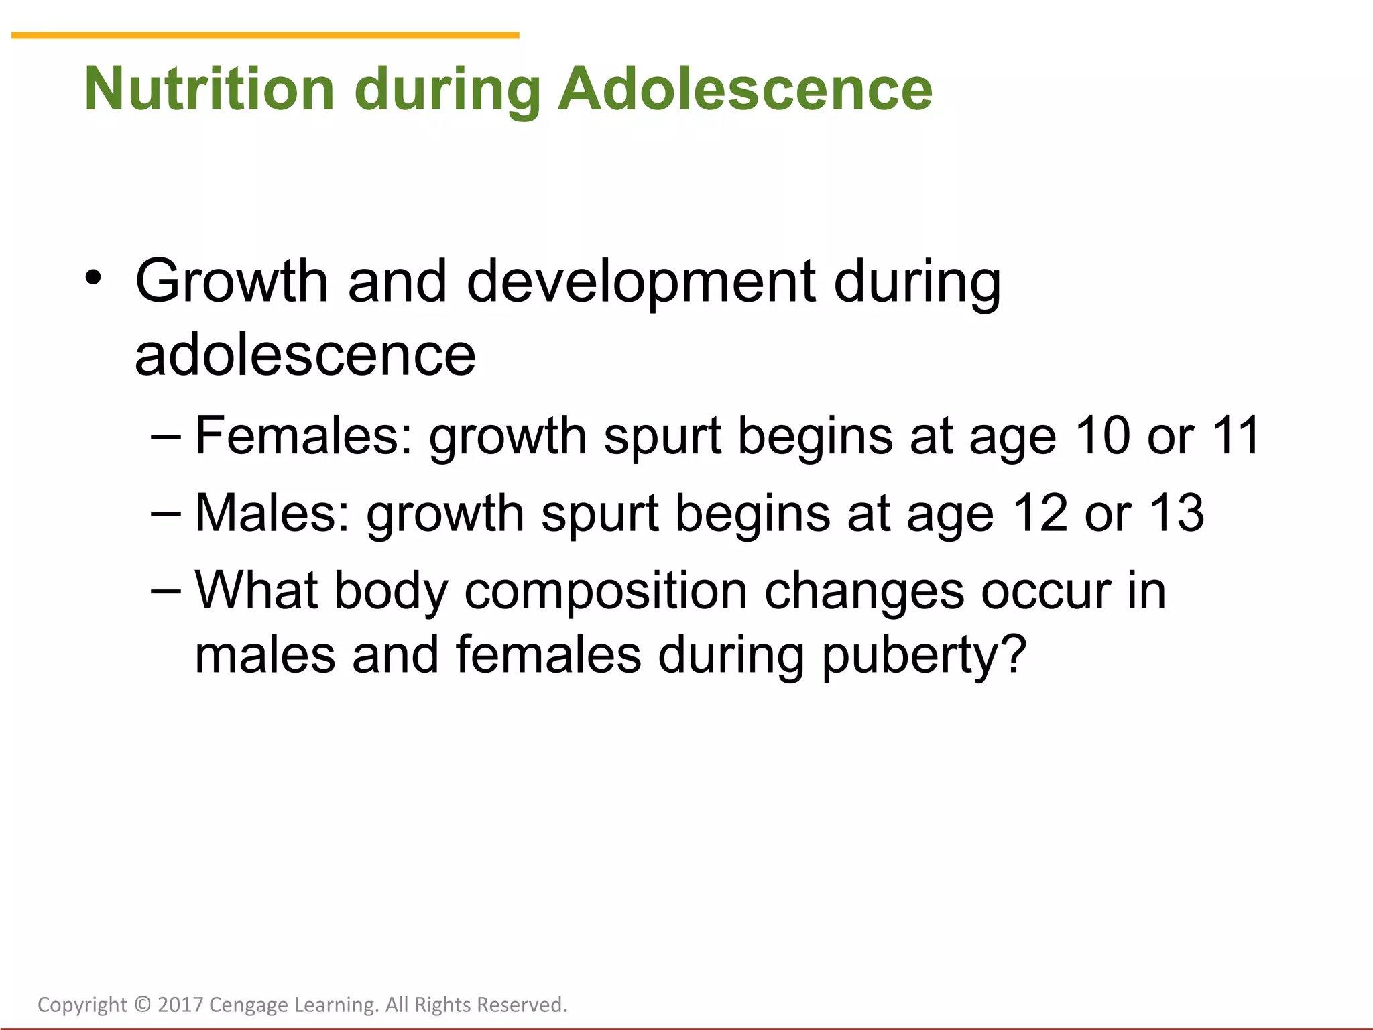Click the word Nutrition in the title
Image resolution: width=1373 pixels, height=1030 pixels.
[x=208, y=89]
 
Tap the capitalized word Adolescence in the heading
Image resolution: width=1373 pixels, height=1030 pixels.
[x=745, y=89]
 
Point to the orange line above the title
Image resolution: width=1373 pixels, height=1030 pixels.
[x=265, y=35]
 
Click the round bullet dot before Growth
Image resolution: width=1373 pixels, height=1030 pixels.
[x=93, y=277]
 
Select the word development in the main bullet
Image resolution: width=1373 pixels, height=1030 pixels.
[x=641, y=282]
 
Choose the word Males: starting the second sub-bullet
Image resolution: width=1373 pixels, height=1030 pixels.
[x=272, y=514]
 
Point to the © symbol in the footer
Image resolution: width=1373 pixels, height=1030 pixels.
[x=142, y=1005]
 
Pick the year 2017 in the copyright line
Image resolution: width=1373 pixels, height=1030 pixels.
[x=180, y=1005]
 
